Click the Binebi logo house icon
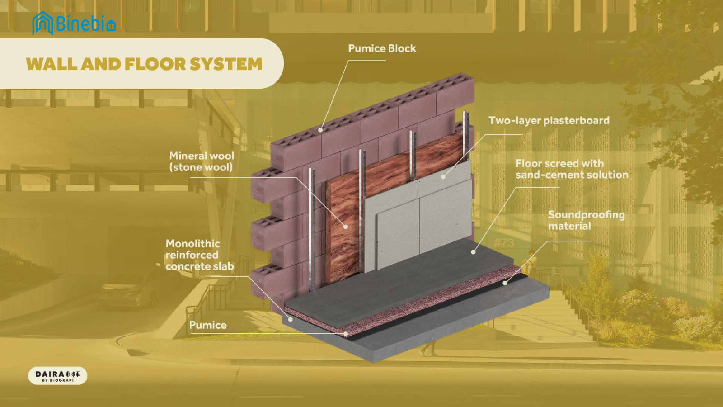tap(42, 23)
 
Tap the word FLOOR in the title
tap(155, 64)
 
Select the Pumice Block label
tap(382, 48)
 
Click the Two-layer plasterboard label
tap(549, 120)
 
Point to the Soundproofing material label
tap(587, 220)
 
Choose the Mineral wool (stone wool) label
tap(202, 161)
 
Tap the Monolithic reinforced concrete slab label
tap(199, 255)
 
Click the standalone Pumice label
tap(207, 325)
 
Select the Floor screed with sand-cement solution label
tap(572, 169)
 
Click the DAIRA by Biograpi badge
tap(58, 376)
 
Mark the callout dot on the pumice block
tap(320, 130)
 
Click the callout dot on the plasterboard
tap(443, 177)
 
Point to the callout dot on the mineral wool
tap(345, 227)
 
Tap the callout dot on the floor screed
tap(474, 252)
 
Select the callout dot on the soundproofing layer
tap(505, 283)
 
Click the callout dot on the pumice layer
tap(346, 334)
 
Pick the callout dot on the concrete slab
tap(291, 319)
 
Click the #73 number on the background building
tap(504, 243)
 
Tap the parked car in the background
tap(129, 291)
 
